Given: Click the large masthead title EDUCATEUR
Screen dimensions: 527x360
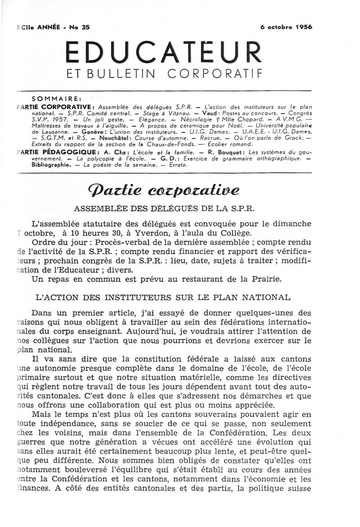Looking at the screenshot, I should [163, 53].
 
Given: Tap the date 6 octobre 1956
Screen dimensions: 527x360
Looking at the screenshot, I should [286, 27].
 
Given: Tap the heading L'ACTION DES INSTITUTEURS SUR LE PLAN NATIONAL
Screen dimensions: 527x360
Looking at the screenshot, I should [163, 298].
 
